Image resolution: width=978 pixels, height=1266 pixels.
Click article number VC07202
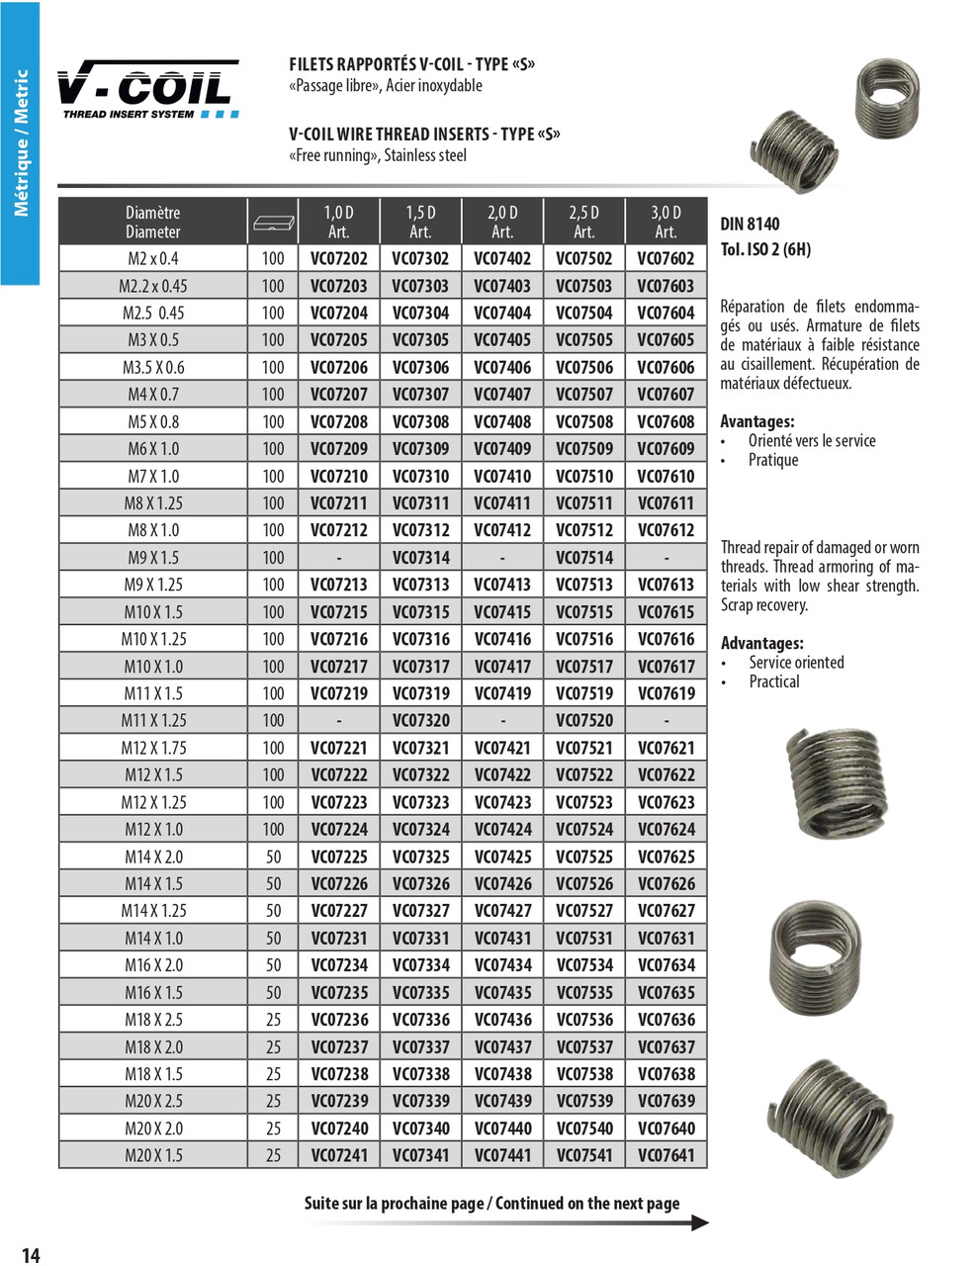click(338, 259)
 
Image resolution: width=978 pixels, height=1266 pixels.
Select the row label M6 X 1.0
click(153, 449)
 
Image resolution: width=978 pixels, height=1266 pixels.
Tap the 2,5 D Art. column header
click(583, 223)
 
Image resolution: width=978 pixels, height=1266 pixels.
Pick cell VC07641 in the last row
click(666, 1155)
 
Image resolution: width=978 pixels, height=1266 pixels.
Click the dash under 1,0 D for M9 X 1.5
click(338, 558)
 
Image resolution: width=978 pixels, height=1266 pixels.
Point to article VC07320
click(420, 721)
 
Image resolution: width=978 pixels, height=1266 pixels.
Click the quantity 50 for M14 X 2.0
click(273, 858)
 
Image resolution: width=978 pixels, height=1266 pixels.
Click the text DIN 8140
click(750, 225)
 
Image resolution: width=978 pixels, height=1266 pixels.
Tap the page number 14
click(31, 1255)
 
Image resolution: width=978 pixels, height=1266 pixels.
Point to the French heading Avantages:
click(756, 421)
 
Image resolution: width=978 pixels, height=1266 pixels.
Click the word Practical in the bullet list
click(774, 681)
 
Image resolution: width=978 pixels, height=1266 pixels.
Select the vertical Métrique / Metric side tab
click(20, 143)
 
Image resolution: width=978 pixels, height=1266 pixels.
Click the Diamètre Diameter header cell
click(153, 223)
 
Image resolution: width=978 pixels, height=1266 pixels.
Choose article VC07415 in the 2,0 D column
click(502, 612)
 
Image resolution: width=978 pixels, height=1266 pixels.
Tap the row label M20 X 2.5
click(153, 1101)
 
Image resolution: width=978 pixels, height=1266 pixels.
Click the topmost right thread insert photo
click(886, 87)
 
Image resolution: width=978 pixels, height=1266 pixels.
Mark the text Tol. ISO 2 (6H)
click(765, 249)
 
